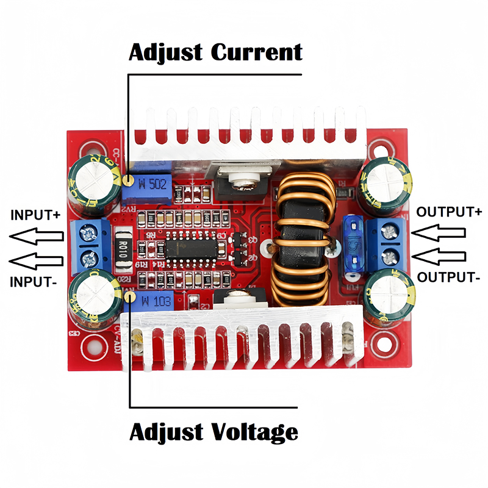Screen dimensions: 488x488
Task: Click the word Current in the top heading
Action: point(256,52)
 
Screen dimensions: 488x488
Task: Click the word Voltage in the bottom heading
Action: point(256,432)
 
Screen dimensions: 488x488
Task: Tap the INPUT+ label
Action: point(35,215)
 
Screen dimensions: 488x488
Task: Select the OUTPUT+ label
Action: point(449,212)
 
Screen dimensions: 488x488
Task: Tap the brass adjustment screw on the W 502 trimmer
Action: point(129,180)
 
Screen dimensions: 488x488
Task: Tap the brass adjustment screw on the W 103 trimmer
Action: point(129,296)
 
